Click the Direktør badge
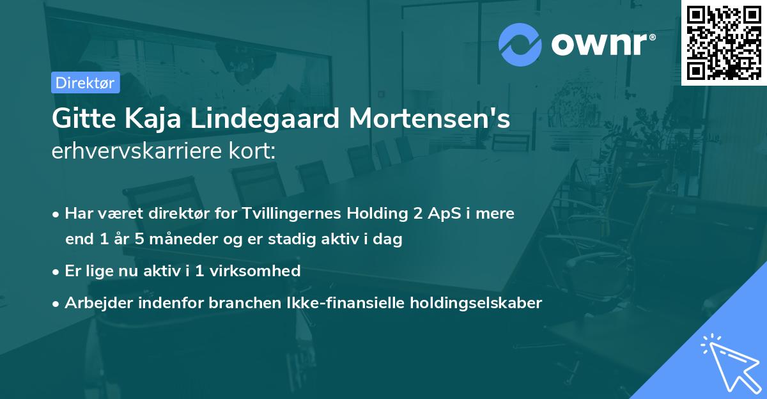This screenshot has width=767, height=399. (85, 82)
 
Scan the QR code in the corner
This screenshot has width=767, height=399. (723, 42)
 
